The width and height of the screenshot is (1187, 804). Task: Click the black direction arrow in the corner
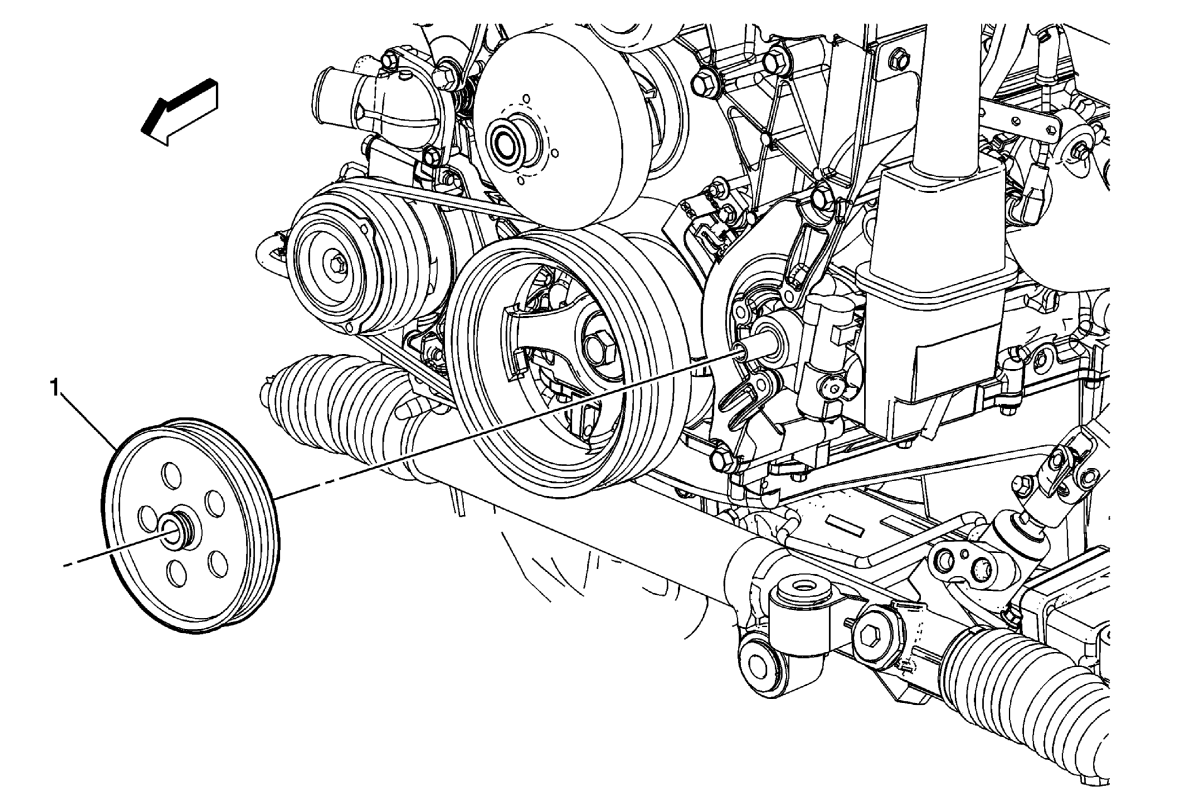179,112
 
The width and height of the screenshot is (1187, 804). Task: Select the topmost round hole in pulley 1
171,474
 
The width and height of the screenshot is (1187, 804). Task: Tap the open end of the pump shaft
740,351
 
